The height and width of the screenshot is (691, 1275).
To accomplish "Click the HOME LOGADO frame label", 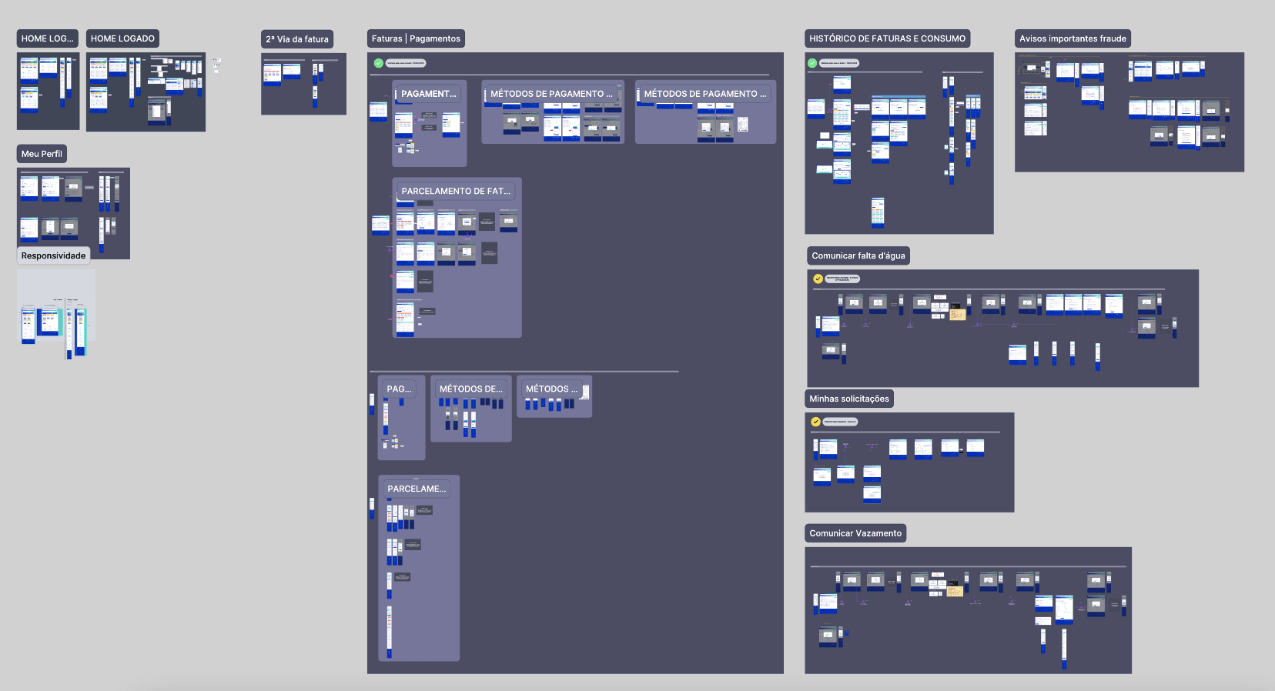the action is [x=122, y=38].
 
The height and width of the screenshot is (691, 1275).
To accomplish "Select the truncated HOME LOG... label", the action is [x=48, y=38].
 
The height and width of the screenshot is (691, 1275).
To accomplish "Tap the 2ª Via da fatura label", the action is [x=297, y=39].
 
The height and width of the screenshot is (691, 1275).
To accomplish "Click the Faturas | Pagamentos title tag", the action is [x=416, y=38].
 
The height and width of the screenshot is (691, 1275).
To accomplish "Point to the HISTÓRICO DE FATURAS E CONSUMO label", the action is [x=887, y=38].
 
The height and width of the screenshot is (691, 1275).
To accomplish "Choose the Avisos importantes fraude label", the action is [x=1073, y=38].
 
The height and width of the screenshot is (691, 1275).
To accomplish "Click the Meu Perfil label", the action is [x=42, y=154].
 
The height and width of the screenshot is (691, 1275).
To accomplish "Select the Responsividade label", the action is [x=53, y=255].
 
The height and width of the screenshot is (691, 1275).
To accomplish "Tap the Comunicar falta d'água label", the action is [x=858, y=255].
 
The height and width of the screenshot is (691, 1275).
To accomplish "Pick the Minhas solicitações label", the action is [x=849, y=399].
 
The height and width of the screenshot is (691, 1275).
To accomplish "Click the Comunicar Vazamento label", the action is [x=855, y=533].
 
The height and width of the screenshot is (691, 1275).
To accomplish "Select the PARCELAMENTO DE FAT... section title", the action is [x=456, y=191].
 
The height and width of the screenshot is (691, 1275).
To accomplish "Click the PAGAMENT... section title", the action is [x=428, y=94].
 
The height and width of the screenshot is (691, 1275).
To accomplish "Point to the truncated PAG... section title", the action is [x=399, y=389].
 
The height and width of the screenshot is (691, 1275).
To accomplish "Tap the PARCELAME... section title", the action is [x=417, y=489].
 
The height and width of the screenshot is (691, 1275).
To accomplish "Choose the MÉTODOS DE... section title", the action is [x=471, y=389].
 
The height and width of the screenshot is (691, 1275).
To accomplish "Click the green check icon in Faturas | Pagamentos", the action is [x=379, y=63].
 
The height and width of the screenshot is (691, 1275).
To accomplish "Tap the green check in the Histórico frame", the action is [x=812, y=63].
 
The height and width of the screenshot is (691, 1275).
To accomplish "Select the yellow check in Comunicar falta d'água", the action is [x=818, y=279].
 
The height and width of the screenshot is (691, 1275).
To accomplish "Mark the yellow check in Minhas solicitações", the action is [x=815, y=422].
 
